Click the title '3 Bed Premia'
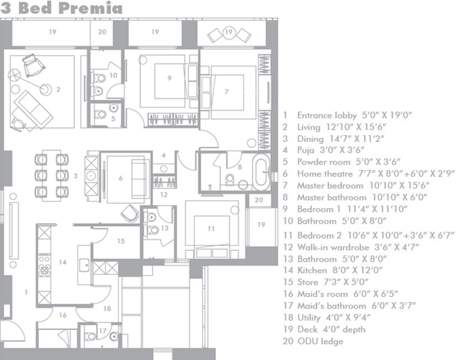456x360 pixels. (61, 8)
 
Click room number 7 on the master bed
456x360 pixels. (226, 91)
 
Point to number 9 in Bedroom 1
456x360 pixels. (169, 78)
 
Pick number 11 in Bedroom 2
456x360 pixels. (211, 228)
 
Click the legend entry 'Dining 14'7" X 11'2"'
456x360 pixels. (340, 138)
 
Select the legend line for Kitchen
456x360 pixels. (339, 270)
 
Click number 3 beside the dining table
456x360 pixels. (75, 175)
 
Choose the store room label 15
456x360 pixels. (121, 241)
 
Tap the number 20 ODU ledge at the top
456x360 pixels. (102, 32)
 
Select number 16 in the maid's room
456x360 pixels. (63, 315)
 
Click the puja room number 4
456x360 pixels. (163, 156)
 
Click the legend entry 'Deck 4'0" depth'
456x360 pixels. (330, 330)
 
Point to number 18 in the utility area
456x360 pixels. (107, 308)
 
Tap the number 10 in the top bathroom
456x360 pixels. (113, 75)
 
